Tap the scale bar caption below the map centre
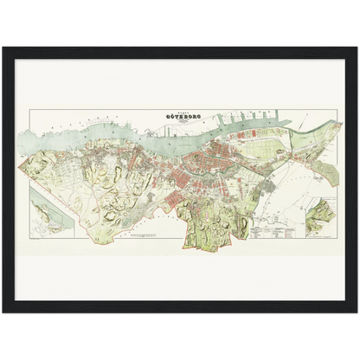149,235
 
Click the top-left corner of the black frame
3,47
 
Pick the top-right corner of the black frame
357,47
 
